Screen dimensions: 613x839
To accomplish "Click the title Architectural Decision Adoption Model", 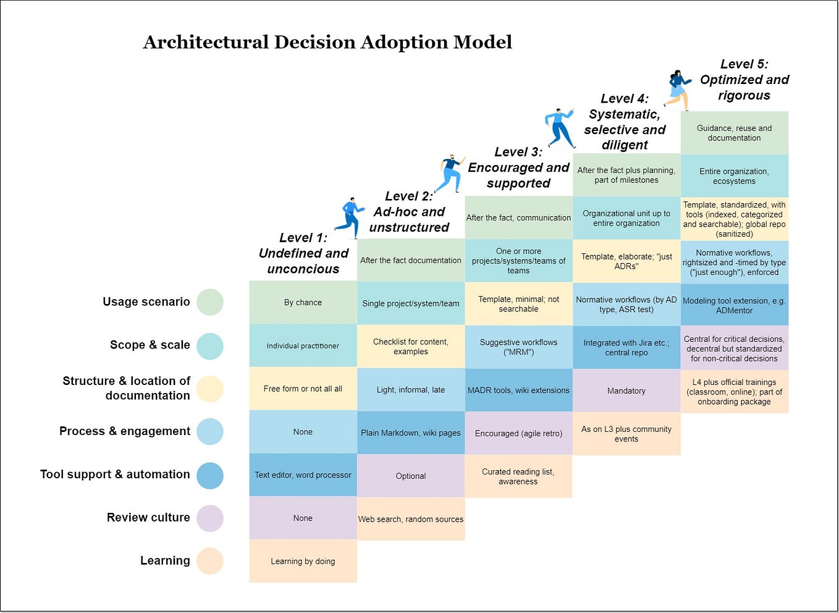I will tap(327, 42).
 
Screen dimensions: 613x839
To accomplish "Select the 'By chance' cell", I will tap(303, 302).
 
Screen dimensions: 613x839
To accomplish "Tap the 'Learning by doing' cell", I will tap(303, 561).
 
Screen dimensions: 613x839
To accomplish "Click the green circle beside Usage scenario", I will tap(210, 302).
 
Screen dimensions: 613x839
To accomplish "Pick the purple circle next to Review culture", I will tap(210, 518).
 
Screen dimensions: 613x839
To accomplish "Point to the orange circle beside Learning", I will tap(210, 561).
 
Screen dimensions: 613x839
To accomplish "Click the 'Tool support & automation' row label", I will tap(115, 474).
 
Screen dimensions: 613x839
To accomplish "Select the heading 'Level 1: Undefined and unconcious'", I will tap(303, 253).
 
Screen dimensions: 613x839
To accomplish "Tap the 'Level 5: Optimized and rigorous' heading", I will tap(744, 80).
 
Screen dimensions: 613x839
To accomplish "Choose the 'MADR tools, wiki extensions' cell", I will tap(518, 390).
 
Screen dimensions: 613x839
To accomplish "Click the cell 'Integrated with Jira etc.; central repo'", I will tap(626, 347).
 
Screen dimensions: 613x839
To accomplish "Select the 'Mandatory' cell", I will tap(626, 391).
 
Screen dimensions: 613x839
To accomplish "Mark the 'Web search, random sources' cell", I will tap(410, 519).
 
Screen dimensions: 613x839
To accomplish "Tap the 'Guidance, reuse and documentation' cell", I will tap(734, 133).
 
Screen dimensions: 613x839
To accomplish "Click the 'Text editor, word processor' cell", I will tap(303, 475).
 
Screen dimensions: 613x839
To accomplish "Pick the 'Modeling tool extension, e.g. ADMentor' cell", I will tap(734, 305).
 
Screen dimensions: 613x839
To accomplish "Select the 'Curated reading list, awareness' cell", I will tap(518, 476).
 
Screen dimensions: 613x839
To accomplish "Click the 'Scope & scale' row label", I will tap(150, 345).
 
